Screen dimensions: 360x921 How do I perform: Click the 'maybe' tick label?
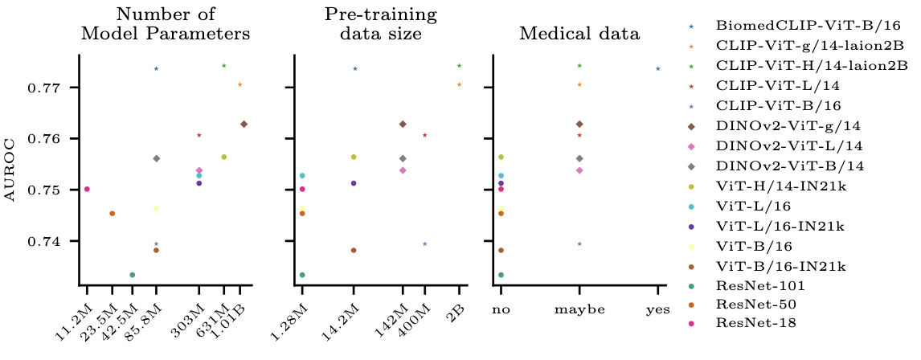(579, 309)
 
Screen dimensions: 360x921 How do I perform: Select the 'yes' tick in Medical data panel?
(657, 309)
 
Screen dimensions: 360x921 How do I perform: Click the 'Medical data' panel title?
(579, 34)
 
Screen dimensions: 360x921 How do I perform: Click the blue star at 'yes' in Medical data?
(658, 69)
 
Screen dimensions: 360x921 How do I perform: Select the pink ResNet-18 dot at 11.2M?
(87, 190)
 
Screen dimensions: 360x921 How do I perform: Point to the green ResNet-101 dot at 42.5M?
(133, 275)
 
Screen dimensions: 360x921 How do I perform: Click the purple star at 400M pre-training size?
(425, 244)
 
